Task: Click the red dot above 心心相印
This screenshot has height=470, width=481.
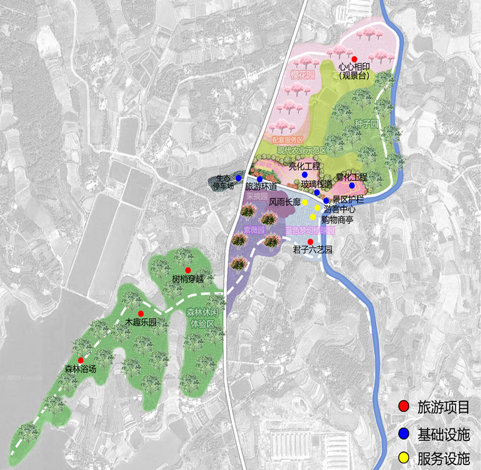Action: click(354, 58)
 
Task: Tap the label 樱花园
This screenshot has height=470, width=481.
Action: click(303, 75)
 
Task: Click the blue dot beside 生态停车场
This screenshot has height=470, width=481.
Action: click(239, 178)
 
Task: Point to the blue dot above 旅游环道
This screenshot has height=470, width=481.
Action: click(260, 179)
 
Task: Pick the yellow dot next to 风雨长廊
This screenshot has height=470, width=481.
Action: click(305, 203)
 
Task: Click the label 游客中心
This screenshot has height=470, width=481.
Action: click(340, 210)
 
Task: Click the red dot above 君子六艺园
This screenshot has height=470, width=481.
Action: click(310, 241)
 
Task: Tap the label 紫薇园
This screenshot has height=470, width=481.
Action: click(254, 230)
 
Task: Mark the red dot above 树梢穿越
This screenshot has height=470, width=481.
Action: click(188, 270)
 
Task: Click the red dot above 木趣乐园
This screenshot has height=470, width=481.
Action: click(141, 314)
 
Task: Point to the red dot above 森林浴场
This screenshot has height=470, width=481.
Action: click(80, 343)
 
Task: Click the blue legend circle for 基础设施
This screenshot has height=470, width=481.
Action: click(403, 433)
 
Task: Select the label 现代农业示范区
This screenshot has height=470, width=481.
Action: click(302, 150)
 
